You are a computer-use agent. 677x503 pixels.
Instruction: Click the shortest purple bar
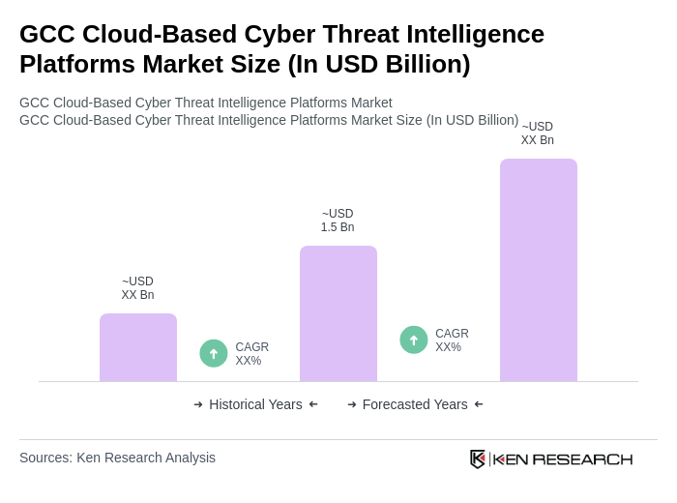point(138,347)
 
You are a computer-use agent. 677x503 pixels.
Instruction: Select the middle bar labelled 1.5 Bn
point(338,313)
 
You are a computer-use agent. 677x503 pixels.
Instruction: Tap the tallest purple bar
point(539,270)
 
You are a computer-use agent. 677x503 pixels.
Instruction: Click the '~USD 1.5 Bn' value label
point(338,221)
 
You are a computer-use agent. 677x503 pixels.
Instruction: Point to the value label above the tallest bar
point(538,133)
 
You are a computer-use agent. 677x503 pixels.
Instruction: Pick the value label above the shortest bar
point(137,288)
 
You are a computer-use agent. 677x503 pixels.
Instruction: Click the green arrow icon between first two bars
point(214,353)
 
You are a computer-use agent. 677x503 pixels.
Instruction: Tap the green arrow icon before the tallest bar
point(414,340)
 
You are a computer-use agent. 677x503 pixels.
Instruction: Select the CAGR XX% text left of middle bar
point(251,354)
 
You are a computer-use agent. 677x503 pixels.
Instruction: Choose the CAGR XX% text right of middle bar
point(452,340)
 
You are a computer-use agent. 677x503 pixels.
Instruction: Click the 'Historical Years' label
point(255,404)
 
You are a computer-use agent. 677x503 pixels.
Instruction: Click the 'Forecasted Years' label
point(415,404)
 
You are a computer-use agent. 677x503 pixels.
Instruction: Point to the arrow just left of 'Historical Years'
point(198,404)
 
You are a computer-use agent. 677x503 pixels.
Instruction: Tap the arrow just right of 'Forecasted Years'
point(479,404)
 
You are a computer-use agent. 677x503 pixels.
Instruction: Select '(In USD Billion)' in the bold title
point(379,64)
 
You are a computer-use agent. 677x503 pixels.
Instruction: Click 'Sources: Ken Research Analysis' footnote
point(117,458)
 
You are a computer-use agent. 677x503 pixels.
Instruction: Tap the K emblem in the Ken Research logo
point(478,459)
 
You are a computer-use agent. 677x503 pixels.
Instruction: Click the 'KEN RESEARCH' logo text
point(563,459)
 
